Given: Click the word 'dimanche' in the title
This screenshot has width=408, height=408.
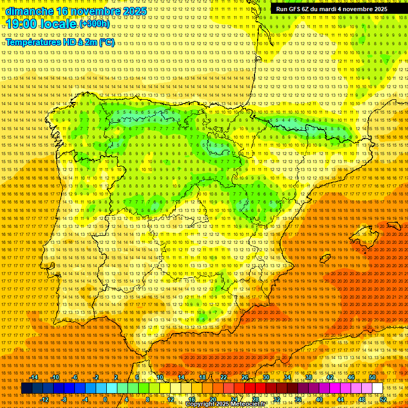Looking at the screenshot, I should (29, 11).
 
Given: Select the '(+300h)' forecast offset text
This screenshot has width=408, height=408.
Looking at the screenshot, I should (95, 24).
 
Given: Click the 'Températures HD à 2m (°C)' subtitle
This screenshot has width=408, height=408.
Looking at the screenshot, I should (60, 42).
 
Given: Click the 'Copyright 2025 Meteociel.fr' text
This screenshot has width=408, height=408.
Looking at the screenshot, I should (225, 404).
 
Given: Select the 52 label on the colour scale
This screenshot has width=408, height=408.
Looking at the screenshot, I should (383, 399).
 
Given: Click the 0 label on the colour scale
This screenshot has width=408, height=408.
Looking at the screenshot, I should (106, 399).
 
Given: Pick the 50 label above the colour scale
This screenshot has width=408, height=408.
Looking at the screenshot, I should (372, 377).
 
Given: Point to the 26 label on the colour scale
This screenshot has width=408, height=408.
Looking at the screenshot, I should (245, 377).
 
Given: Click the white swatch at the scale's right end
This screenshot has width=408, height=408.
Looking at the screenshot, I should (377, 388).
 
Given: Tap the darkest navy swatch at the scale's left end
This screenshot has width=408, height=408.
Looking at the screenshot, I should (27, 388).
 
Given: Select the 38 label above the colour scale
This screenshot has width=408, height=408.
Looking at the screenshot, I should (309, 377).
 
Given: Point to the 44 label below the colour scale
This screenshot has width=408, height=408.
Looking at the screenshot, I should (341, 399).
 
